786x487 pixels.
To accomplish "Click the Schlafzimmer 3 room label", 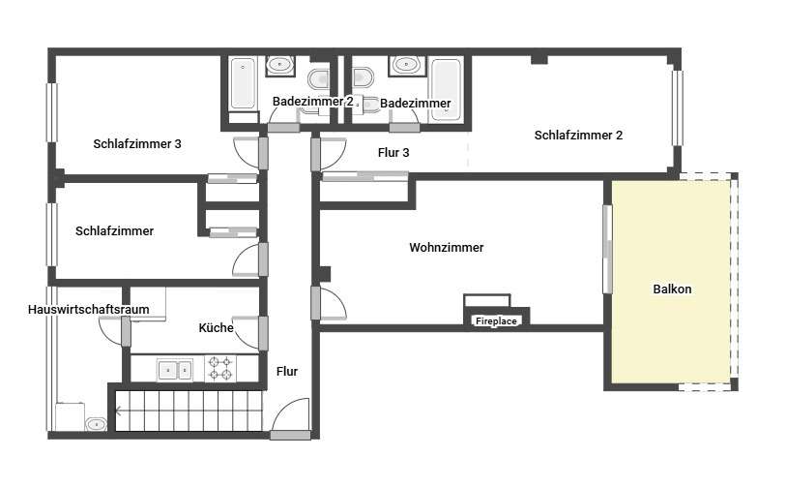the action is (137, 143).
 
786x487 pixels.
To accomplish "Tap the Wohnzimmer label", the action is (446, 247).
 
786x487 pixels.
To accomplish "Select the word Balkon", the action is (672, 289).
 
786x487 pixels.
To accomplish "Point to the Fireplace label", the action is (496, 320).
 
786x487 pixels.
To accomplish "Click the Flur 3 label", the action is (393, 152).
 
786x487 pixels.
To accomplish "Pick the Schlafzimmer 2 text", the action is (578, 135).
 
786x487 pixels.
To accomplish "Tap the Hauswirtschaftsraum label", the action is (89, 309).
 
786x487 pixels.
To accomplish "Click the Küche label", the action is (216, 328).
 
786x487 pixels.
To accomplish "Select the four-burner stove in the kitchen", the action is (220, 369).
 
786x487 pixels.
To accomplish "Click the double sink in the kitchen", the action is (174, 370).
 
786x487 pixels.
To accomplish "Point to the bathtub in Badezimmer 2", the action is (243, 83).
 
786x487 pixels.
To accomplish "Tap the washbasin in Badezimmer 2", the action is (279, 65).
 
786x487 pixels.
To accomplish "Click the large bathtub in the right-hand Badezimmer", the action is (446, 89).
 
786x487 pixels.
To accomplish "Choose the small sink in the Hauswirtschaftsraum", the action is (96, 424).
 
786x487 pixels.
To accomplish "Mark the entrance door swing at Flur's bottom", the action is (291, 415).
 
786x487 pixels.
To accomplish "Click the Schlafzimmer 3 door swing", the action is (246, 152).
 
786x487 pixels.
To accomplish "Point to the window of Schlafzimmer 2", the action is (677, 107).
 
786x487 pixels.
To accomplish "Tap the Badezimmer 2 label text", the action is (313, 102).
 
